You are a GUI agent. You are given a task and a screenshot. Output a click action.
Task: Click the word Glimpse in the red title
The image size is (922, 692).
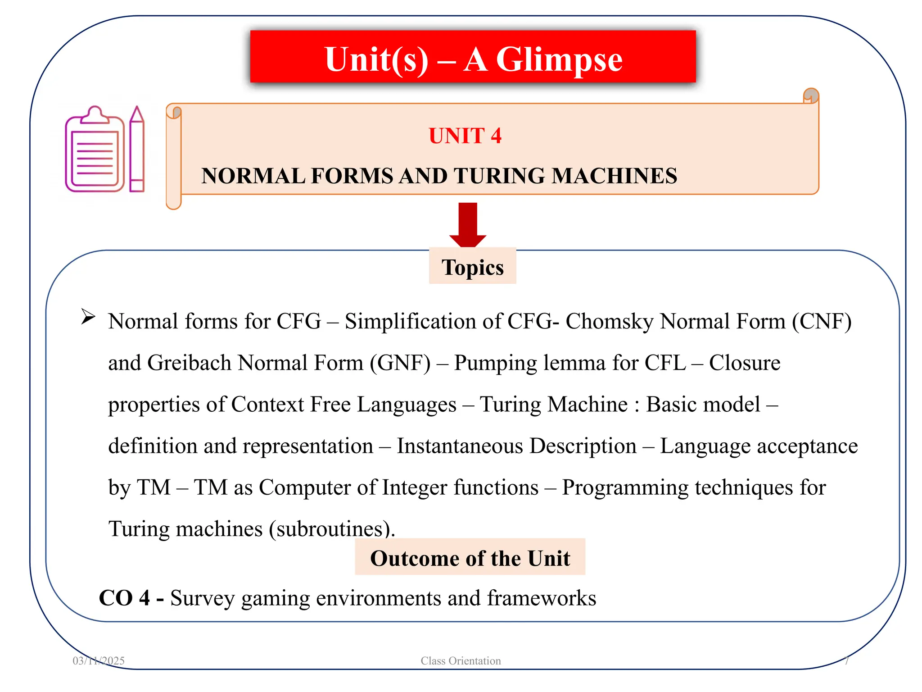[559, 59]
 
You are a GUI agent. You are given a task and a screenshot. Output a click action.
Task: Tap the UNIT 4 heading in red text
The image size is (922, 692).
[465, 136]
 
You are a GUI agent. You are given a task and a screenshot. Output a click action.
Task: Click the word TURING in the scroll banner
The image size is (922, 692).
[500, 176]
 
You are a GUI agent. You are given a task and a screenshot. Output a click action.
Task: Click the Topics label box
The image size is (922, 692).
[472, 267]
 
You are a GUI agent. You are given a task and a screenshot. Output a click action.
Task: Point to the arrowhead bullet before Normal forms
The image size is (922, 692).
[88, 317]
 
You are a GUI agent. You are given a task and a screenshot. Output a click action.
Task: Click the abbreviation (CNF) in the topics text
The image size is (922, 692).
[822, 322]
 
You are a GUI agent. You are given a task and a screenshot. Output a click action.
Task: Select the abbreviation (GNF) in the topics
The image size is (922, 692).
[400, 363]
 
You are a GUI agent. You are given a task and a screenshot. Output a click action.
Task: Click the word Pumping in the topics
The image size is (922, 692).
[495, 363]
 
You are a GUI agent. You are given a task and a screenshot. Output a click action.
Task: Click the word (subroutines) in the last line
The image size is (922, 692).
[331, 529]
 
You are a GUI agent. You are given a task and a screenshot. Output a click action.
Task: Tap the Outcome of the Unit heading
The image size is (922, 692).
[470, 558]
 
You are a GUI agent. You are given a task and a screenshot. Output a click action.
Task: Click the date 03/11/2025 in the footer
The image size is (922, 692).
[99, 660]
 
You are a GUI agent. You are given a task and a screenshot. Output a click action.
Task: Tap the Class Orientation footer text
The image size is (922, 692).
[461, 660]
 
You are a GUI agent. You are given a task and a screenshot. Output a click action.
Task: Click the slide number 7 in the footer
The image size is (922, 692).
[846, 660]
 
